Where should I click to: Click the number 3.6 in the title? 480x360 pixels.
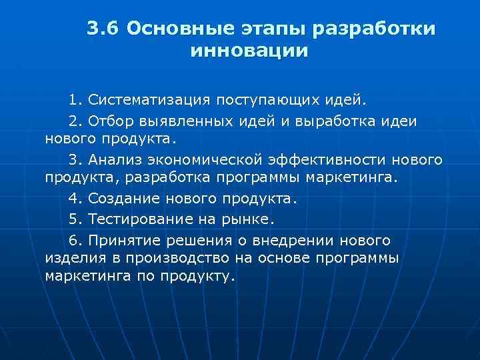(x=102, y=29)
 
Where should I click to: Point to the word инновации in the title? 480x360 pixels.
(x=249, y=51)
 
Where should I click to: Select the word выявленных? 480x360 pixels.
(x=179, y=121)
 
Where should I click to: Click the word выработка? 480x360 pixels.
(x=333, y=121)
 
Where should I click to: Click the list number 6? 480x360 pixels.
(x=74, y=239)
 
